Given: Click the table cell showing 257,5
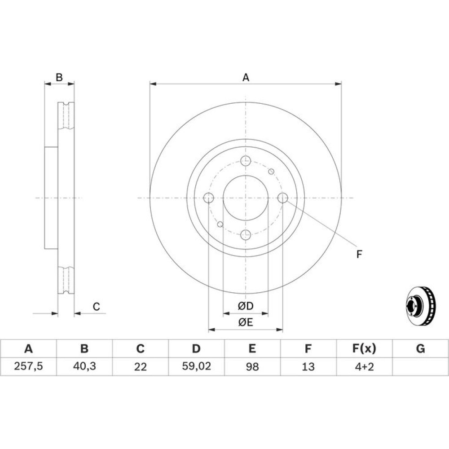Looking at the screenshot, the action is pyautogui.click(x=28, y=366).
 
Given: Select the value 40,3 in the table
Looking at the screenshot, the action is pyautogui.click(x=84, y=366).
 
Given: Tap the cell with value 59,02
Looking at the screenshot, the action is pyautogui.click(x=197, y=366).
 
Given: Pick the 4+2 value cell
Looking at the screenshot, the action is pyautogui.click(x=364, y=366).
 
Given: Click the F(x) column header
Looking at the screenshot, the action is pyautogui.click(x=364, y=348).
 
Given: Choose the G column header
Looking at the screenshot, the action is pyautogui.click(x=420, y=348).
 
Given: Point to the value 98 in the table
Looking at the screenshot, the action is pyautogui.click(x=252, y=366).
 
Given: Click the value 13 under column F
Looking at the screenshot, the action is pyautogui.click(x=308, y=366).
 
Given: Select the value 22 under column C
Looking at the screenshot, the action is pyautogui.click(x=140, y=366).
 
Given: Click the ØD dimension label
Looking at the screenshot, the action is pyautogui.click(x=246, y=306).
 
